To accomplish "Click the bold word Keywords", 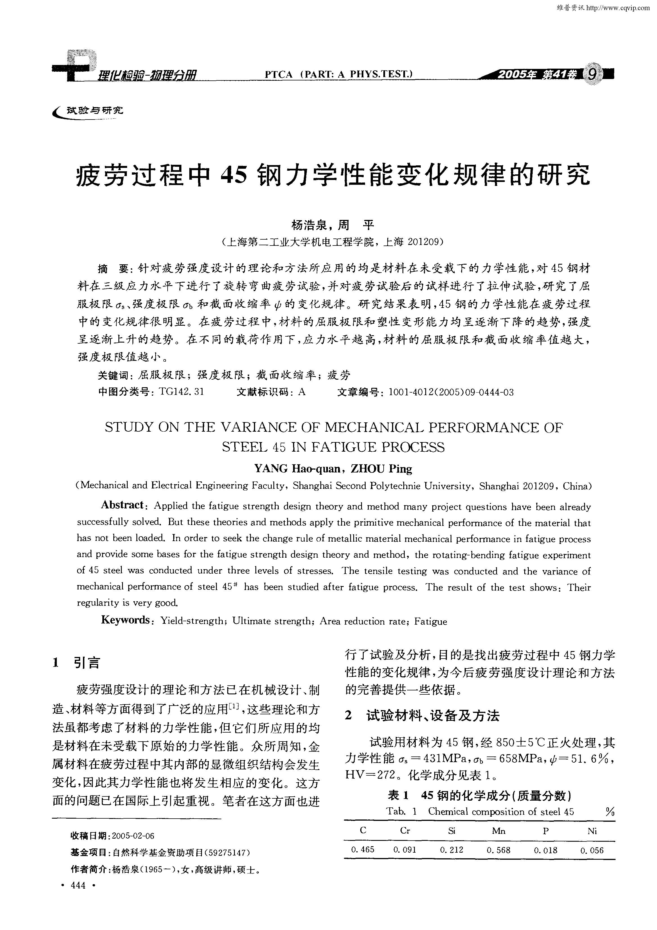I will pyautogui.click(x=125, y=620).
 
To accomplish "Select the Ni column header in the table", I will pyautogui.click(x=592, y=831).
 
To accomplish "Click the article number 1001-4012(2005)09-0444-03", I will pyautogui.click(x=451, y=392).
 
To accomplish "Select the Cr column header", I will pyautogui.click(x=405, y=831).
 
